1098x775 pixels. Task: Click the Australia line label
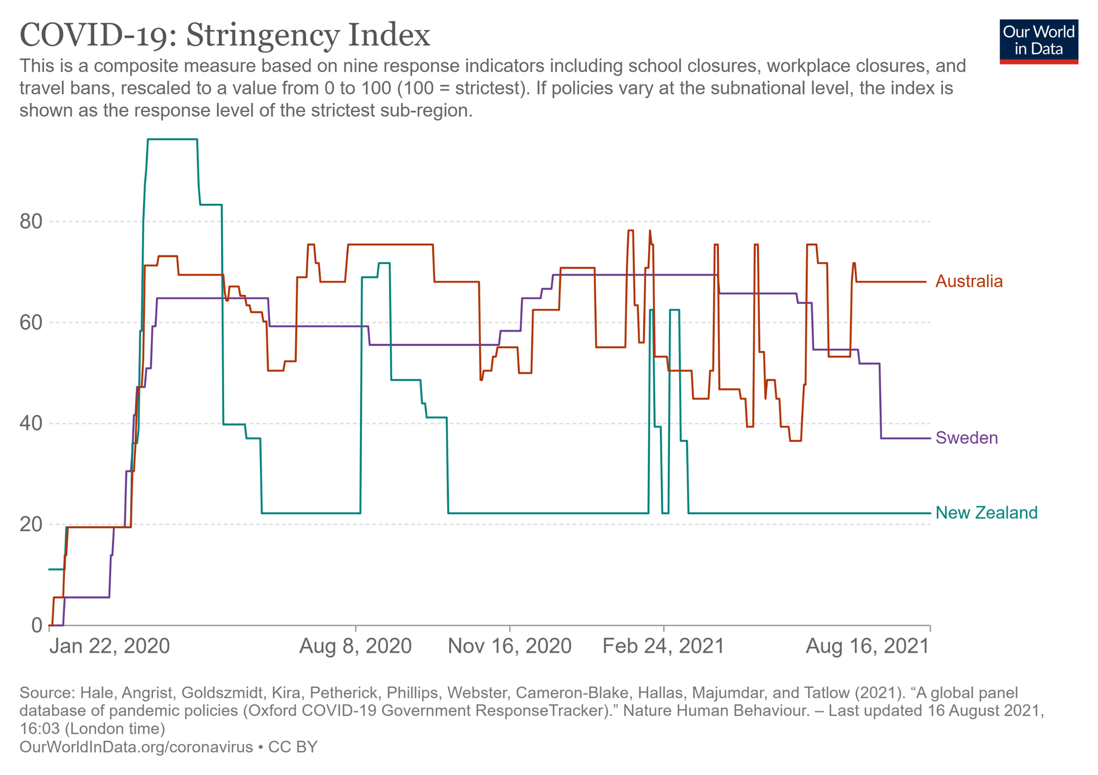[969, 281]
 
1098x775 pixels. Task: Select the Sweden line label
[966, 438]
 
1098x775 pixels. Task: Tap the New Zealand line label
[986, 513]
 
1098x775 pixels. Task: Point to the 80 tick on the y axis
[31, 221]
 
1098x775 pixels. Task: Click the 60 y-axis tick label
[31, 322]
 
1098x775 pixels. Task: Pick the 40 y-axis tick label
[31, 423]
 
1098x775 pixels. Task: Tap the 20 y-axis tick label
[31, 524]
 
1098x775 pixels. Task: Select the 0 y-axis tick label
[36, 625]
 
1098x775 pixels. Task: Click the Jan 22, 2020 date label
[110, 646]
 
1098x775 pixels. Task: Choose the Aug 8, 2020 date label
[356, 646]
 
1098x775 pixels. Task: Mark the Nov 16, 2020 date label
[509, 646]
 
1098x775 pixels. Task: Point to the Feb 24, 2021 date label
[663, 646]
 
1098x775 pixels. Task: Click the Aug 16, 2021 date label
[867, 646]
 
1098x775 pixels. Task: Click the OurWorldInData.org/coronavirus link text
[136, 747]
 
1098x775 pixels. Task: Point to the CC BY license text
[293, 747]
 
